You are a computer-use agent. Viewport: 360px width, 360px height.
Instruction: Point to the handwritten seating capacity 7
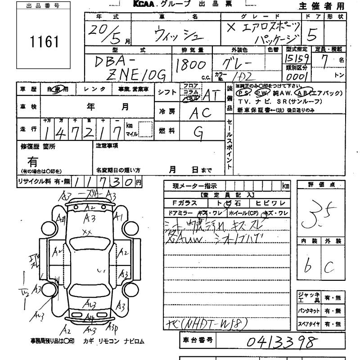point(325,62)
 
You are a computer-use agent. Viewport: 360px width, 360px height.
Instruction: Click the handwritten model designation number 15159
point(297,58)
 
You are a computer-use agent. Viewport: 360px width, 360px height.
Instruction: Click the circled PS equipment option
point(244,93)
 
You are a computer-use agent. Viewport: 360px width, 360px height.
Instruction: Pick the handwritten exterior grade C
point(329,267)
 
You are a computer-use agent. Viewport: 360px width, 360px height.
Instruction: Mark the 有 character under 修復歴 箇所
point(32,161)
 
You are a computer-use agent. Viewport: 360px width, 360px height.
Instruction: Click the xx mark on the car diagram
point(87,232)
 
